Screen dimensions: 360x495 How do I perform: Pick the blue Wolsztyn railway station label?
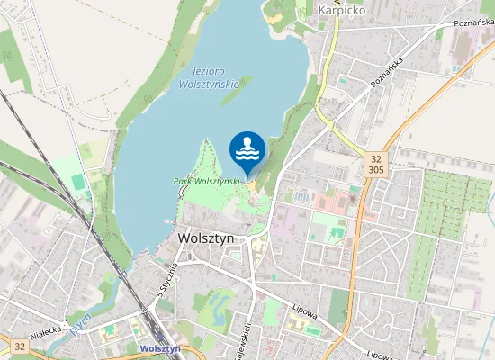161,348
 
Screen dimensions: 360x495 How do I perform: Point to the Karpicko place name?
341,11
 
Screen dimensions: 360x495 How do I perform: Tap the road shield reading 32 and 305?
375,163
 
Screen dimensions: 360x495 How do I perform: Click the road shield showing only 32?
20,345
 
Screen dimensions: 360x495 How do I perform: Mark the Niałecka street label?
46,330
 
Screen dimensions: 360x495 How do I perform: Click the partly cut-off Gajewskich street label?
243,340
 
